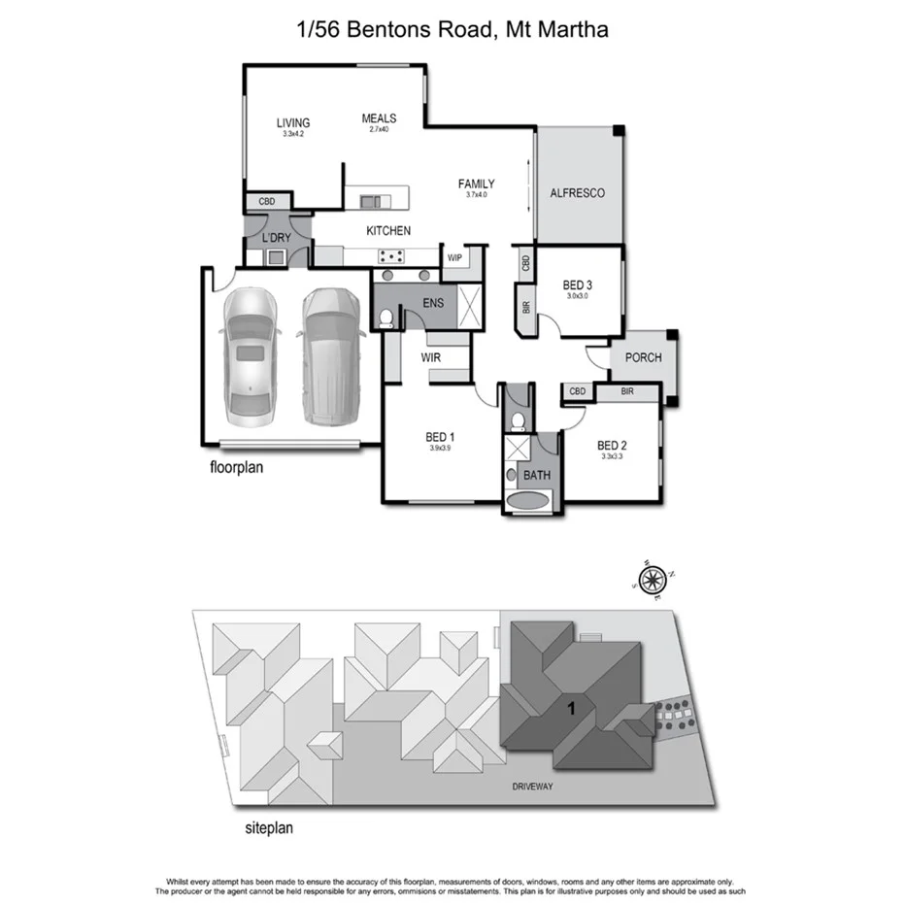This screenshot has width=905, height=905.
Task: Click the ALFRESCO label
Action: coord(577,193)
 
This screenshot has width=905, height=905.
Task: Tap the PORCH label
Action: coord(643,357)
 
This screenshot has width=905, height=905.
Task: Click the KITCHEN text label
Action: coord(387,231)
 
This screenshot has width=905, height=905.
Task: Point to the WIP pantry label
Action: coord(453,258)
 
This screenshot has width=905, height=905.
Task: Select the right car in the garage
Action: coord(328,354)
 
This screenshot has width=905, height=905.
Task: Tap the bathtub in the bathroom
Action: coord(528,502)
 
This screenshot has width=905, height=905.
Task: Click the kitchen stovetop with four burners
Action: coord(392,257)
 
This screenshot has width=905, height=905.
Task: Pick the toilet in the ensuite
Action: coord(386,316)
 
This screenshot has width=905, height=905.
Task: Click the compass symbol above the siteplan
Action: coord(652,580)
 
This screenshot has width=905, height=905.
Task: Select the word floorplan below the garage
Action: coord(237,466)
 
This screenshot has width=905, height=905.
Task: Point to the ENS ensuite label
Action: coord(432,303)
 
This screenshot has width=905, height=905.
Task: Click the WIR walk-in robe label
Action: coord(432,357)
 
